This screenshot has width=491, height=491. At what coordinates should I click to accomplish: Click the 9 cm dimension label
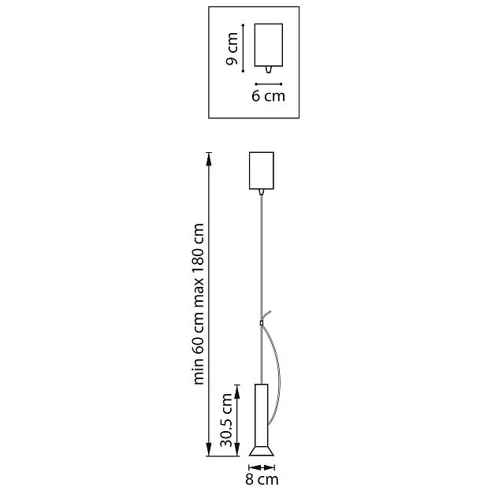point(232,49)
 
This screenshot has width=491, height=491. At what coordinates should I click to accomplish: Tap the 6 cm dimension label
point(269,96)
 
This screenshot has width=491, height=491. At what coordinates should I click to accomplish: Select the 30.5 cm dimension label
point(226,420)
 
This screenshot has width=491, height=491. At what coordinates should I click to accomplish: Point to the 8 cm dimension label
point(262,479)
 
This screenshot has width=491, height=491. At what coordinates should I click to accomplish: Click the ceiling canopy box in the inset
point(269,45)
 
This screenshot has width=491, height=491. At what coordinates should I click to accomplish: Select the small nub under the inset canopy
point(269,69)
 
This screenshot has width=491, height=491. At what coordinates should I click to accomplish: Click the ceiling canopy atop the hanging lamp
point(262,171)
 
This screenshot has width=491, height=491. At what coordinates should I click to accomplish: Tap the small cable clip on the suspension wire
point(262,323)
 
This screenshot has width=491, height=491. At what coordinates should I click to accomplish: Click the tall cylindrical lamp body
point(262,415)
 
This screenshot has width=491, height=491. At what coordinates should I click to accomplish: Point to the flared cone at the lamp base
point(262,452)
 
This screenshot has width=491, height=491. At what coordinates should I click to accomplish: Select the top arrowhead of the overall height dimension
point(209,159)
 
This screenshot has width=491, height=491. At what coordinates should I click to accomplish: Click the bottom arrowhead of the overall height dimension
point(209,449)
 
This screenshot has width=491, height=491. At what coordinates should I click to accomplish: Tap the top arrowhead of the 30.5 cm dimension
point(237,392)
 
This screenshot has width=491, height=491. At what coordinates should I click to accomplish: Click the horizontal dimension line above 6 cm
point(269,84)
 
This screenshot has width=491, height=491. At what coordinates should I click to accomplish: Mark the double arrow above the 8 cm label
point(262,467)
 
